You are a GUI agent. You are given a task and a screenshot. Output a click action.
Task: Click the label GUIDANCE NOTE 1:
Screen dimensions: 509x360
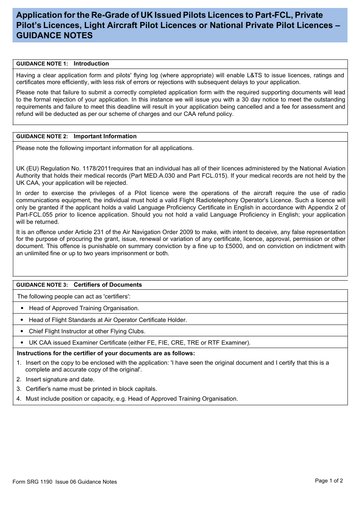click(x=42, y=64)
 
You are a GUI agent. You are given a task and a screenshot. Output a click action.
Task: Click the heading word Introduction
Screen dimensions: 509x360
click(x=91, y=64)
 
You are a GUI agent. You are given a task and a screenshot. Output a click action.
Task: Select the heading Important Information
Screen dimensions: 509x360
click(x=105, y=136)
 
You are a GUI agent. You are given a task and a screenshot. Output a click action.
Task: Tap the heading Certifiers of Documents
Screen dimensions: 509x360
click(x=108, y=285)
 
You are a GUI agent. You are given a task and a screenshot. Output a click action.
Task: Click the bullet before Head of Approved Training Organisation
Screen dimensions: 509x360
click(x=22, y=308)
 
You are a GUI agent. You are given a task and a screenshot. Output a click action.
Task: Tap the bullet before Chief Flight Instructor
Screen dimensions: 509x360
click(x=22, y=331)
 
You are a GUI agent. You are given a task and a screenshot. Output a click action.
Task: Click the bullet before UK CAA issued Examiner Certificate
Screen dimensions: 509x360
click(x=22, y=343)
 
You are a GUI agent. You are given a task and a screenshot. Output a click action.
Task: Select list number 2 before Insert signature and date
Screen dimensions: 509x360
click(x=19, y=379)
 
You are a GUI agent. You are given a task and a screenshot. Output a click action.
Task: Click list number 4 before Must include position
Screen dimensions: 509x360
click(x=19, y=399)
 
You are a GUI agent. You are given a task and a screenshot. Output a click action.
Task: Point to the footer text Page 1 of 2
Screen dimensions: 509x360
click(x=329, y=481)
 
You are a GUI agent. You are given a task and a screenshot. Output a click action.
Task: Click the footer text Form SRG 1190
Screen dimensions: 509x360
click(x=32, y=482)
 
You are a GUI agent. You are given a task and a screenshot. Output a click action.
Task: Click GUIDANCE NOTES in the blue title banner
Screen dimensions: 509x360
click(x=55, y=36)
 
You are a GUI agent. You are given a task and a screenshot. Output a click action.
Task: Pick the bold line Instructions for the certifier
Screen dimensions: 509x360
click(x=106, y=353)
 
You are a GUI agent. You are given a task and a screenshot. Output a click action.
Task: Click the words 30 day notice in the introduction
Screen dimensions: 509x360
click(x=260, y=100)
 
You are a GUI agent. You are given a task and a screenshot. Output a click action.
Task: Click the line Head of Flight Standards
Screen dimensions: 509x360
click(x=108, y=320)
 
